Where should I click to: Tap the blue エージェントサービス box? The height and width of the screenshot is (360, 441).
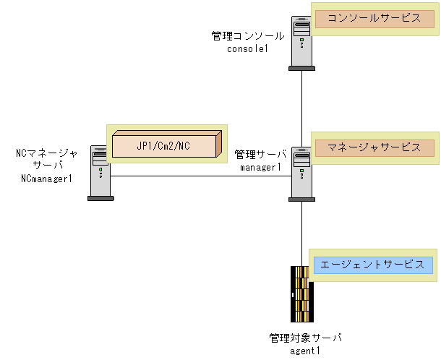(372, 265)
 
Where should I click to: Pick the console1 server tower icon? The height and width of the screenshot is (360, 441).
(301, 42)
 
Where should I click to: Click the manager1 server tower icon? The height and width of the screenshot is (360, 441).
(301, 172)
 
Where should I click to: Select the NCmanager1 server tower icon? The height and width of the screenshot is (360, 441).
(100, 171)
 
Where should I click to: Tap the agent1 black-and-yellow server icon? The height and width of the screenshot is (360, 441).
(301, 293)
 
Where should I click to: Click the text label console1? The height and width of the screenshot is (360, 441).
(247, 48)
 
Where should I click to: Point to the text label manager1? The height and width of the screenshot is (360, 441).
(260, 167)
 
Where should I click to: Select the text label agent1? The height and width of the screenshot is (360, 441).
(304, 351)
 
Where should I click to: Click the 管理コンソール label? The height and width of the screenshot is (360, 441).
(248, 35)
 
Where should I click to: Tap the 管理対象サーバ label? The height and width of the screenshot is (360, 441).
(305, 338)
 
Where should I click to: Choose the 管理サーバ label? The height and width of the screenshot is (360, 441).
(260, 155)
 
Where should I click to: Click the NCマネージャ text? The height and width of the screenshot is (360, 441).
(46, 153)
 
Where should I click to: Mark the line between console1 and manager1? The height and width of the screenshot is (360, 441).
(301, 101)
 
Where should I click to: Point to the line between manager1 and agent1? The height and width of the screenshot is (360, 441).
(301, 231)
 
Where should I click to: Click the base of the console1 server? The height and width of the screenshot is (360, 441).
(301, 68)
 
